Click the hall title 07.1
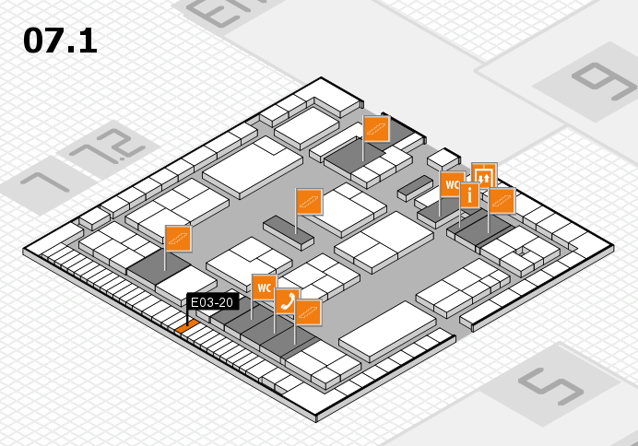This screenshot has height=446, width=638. click(60, 40)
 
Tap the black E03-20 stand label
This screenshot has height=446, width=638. click(213, 301)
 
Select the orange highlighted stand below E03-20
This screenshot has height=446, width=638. click(185, 325)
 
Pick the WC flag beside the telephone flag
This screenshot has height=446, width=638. click(264, 287)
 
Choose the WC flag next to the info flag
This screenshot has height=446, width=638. click(451, 184)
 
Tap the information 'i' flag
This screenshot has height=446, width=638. click(469, 194)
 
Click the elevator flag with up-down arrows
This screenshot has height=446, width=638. click(484, 175)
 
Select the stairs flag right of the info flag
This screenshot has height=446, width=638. click(502, 200)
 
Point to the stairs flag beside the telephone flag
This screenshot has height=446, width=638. click(308, 312)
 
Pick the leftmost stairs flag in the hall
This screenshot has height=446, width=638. click(178, 238)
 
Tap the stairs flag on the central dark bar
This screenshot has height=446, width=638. click(309, 200)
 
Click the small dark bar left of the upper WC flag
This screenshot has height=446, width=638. click(412, 188)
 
